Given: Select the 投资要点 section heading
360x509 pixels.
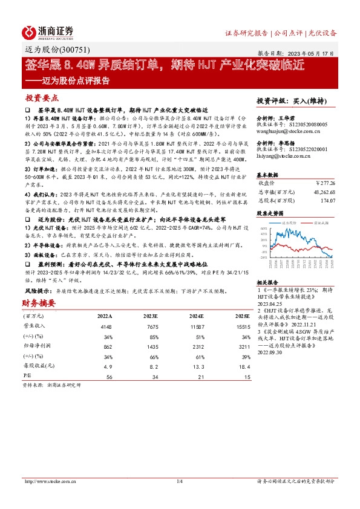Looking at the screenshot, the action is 42,97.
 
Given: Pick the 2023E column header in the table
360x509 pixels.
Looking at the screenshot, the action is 152,316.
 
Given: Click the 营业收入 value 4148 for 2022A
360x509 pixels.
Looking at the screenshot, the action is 104,326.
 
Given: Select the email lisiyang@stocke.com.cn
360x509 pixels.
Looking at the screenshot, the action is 279,156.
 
